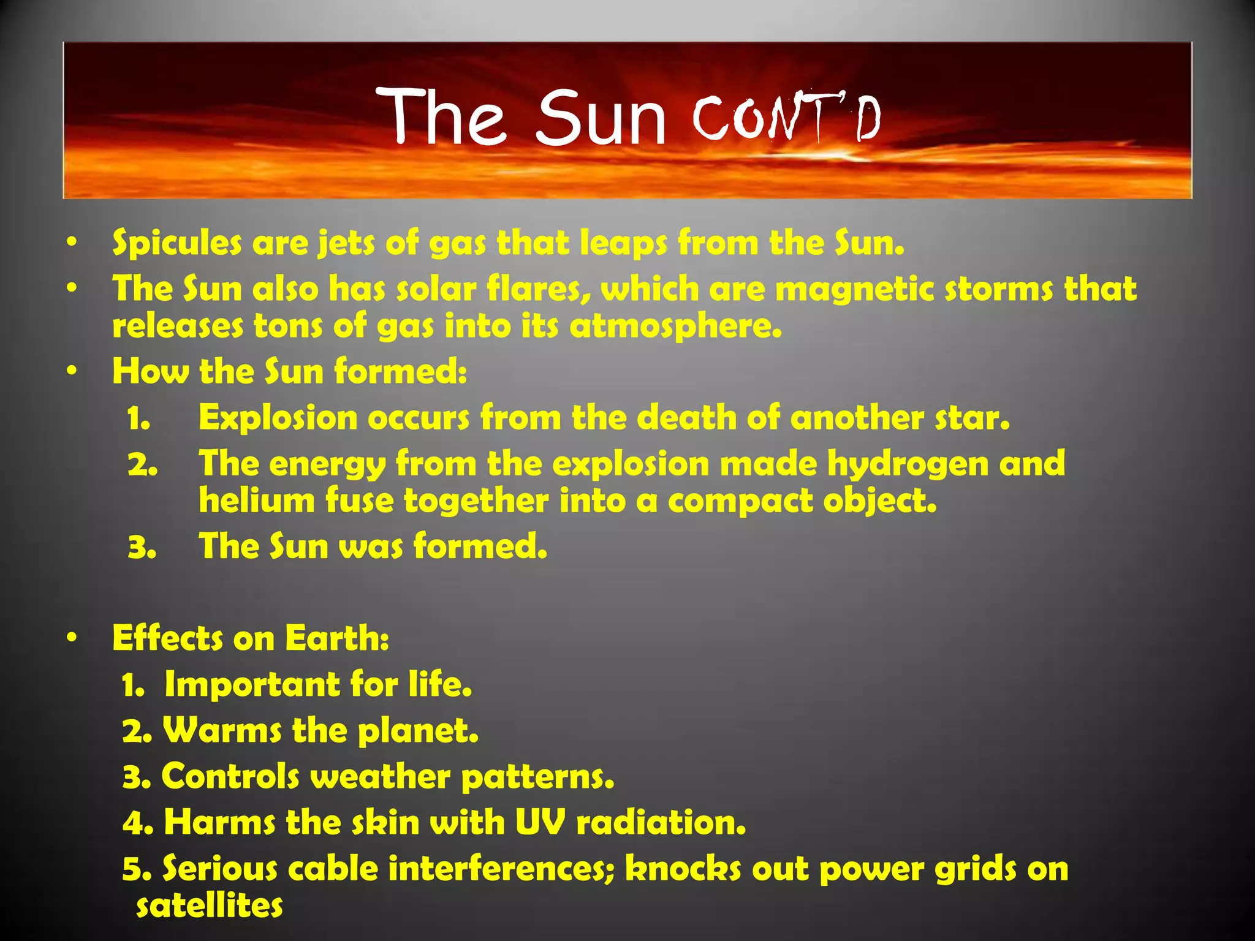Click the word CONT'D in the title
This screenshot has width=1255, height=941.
[x=787, y=117]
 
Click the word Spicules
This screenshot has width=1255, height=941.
[x=177, y=243]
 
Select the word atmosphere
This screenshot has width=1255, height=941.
[x=676, y=326]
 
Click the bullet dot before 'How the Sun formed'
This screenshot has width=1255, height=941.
[x=72, y=371]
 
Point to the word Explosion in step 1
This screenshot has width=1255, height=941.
[x=278, y=418]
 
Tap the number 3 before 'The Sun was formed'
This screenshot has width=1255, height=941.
[x=142, y=547]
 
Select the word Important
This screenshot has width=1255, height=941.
[x=252, y=684]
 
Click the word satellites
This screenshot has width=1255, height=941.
[x=210, y=906]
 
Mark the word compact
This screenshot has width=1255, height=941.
[x=740, y=501]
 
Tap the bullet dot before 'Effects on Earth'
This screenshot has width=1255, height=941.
[x=72, y=638]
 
